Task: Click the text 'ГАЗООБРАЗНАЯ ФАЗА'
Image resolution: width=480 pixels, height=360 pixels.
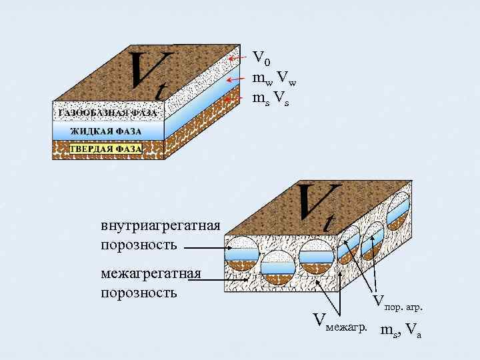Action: (107, 113)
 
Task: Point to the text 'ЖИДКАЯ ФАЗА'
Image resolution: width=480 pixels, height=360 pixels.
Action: (107, 131)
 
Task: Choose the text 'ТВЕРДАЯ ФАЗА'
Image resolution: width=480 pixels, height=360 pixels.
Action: (107, 149)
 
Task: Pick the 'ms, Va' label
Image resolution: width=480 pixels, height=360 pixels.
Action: (400, 329)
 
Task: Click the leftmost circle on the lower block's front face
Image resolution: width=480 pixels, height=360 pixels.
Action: (242, 254)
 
